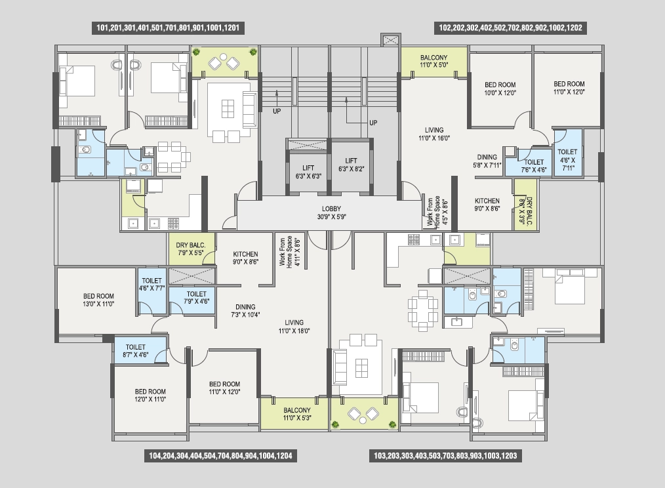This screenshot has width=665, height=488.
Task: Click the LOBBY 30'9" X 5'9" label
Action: coord(331,213)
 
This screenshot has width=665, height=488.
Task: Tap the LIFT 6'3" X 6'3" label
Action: coord(308,172)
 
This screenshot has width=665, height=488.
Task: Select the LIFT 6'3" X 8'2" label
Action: coord(351,165)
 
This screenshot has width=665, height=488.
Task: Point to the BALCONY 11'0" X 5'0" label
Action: coord(434,61)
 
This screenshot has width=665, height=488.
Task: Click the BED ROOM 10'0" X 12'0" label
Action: coord(500,89)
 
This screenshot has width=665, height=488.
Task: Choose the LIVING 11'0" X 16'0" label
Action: coord(434,134)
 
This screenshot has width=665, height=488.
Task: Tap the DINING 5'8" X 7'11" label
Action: coord(487,161)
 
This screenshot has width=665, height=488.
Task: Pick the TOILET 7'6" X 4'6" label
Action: coord(534,166)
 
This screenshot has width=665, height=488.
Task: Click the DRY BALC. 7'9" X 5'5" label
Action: coord(190,249)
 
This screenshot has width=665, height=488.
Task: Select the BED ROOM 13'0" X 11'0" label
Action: coord(98,300)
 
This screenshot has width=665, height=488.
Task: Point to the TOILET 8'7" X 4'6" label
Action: coord(135,351)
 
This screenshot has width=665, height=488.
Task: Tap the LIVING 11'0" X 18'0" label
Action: coord(294,327)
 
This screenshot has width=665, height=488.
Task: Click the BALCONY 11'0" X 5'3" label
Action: coord(297,414)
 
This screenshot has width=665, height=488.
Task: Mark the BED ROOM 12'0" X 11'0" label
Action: coord(150,396)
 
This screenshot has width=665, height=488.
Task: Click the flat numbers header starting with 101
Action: coord(168,28)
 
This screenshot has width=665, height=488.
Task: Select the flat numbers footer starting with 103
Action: coord(445,456)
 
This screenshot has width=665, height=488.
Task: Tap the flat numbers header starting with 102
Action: coord(510,28)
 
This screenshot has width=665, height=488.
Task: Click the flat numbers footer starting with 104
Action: coord(220,456)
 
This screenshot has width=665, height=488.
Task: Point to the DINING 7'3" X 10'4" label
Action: coord(245,311)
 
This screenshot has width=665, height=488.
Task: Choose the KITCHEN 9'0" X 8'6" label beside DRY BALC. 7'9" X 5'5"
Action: coord(245,258)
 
